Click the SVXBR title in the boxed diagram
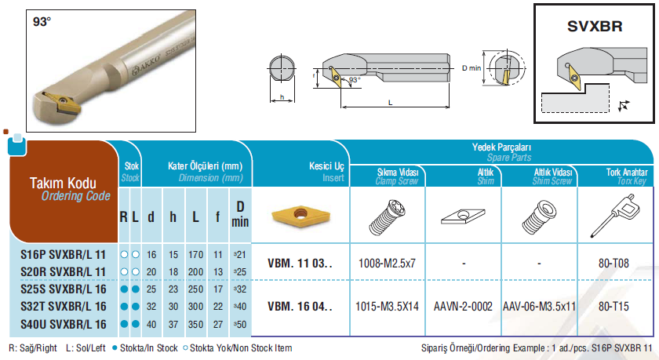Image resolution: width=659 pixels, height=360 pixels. click(595, 26)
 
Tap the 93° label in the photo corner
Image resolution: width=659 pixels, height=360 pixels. click(42, 21)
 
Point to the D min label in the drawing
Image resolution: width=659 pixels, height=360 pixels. click(471, 68)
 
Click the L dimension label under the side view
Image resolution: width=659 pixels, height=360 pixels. click(390, 103)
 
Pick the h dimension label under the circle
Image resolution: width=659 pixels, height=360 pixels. click(282, 97)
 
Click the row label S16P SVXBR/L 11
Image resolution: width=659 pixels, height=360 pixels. click(63, 255)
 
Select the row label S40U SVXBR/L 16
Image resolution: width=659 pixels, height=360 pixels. click(64, 324)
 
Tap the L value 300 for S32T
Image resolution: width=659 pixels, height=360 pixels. click(195, 307)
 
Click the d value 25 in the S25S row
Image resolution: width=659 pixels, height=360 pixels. click(151, 289)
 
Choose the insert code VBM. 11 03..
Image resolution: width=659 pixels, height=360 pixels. click(300, 264)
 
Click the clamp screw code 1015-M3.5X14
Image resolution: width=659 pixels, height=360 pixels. click(387, 307)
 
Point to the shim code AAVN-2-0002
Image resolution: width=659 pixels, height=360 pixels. click(463, 307)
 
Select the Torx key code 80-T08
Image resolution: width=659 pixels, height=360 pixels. click(613, 264)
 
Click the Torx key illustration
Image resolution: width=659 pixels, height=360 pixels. click(615, 215)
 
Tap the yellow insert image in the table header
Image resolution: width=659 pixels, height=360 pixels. click(300, 216)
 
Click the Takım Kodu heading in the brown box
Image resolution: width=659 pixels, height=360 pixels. click(63, 184)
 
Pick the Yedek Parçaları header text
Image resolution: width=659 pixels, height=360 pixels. click(501, 147)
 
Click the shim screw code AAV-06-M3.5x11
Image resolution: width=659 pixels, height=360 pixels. click(539, 307)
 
